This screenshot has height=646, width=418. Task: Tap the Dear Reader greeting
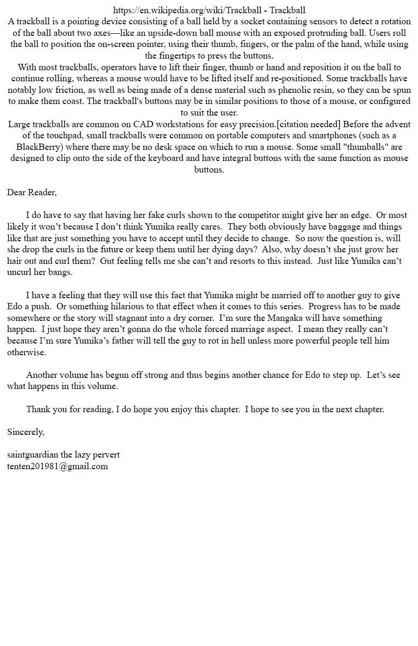coord(32,192)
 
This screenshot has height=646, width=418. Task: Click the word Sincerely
coord(26,432)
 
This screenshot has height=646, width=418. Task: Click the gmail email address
coord(58,466)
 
